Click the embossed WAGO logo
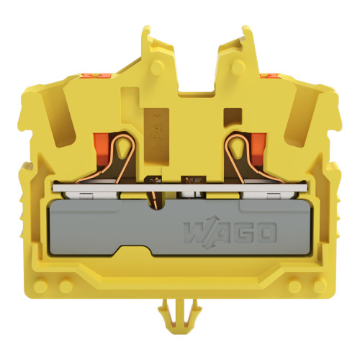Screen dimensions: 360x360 pyautogui.click(x=230, y=233)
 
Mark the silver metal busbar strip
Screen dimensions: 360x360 pyautogui.click(x=180, y=192)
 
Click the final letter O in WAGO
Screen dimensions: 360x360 pyautogui.click(x=266, y=233)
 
